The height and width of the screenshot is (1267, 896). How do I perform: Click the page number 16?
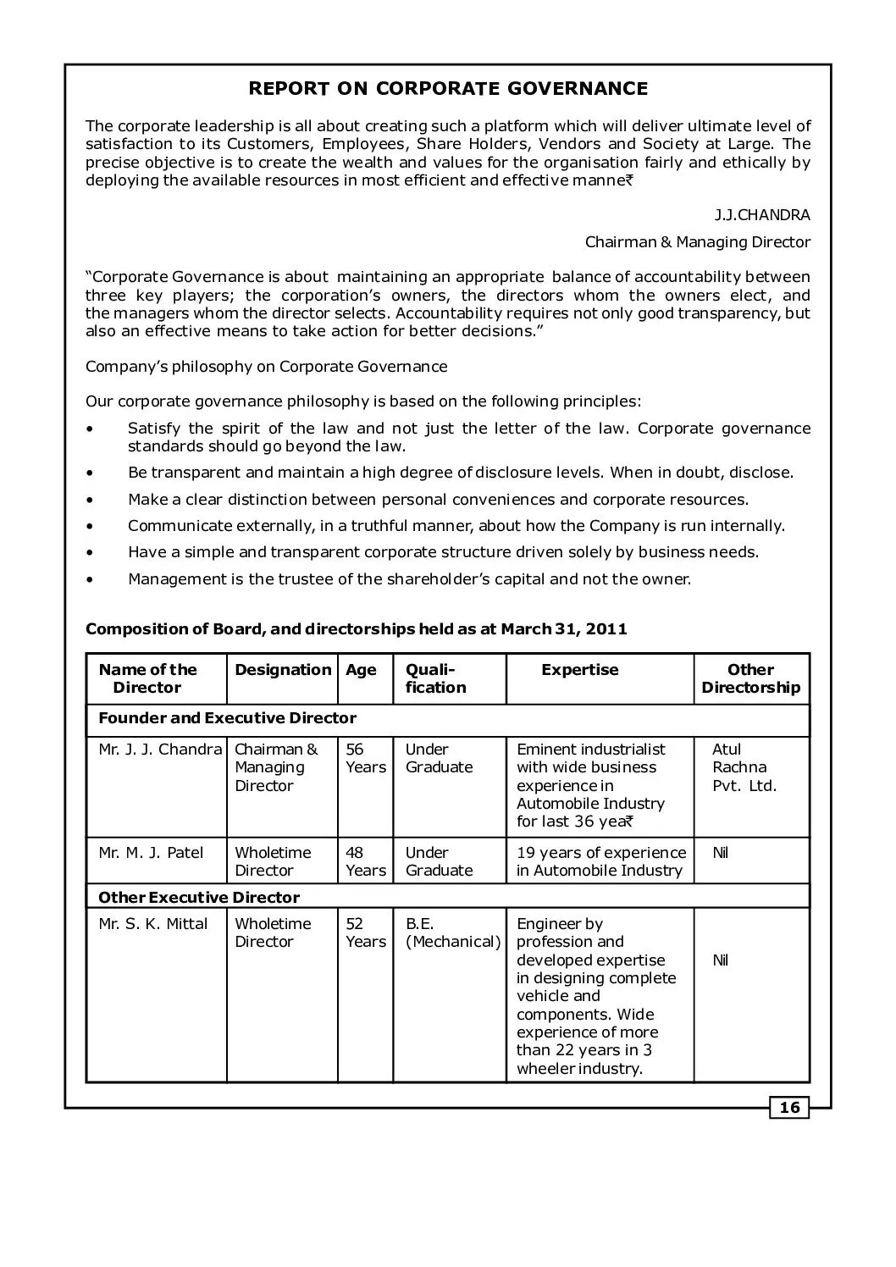tap(789, 1108)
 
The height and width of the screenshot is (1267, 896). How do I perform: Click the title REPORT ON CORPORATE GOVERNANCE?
tap(448, 89)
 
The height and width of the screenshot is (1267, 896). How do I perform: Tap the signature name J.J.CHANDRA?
tap(761, 215)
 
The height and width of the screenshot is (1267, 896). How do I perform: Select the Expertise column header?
tap(579, 670)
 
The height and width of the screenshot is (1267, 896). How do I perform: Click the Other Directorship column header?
tap(750, 678)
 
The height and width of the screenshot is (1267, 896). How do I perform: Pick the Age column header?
tap(361, 670)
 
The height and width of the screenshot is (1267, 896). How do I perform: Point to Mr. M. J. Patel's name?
tap(151, 853)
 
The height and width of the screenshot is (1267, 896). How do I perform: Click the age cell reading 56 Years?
tap(365, 759)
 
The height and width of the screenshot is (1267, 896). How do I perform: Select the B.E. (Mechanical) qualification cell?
tap(452, 932)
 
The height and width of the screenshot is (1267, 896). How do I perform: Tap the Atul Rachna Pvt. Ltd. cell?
tap(744, 767)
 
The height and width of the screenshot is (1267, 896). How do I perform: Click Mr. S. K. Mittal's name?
tap(152, 924)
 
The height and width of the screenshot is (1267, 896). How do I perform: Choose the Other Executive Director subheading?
tap(199, 897)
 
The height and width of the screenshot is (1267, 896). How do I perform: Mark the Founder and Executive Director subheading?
tap(227, 718)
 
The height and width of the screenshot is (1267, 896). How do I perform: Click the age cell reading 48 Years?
tap(365, 861)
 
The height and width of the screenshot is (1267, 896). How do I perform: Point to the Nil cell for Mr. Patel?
tap(720, 853)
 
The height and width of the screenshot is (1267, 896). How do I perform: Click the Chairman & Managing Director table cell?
tap(276, 767)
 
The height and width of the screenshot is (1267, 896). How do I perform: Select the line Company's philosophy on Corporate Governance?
tap(266, 367)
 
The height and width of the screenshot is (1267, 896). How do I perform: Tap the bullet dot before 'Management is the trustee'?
tap(91, 580)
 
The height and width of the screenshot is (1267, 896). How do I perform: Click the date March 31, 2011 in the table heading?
tap(563, 629)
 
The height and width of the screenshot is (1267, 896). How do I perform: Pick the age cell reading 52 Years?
tap(365, 932)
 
